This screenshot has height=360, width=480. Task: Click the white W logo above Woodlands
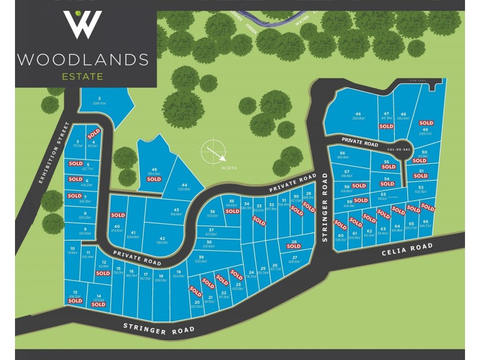tap(83, 25)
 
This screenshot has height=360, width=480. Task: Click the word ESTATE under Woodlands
tap(82, 76)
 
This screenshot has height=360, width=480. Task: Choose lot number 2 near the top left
tap(99, 98)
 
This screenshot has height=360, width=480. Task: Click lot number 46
tap(358, 113)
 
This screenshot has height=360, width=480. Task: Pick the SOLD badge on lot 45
tap(154, 179)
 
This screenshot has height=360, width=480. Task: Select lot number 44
tap(185, 184)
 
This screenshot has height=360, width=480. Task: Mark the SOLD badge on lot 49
tap(426, 123)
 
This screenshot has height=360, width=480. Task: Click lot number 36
tap(212, 211)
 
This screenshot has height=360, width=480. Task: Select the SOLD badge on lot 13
tap(75, 301)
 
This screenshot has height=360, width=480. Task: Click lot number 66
tap(425, 221)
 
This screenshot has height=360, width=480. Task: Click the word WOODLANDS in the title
tap(83, 59)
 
